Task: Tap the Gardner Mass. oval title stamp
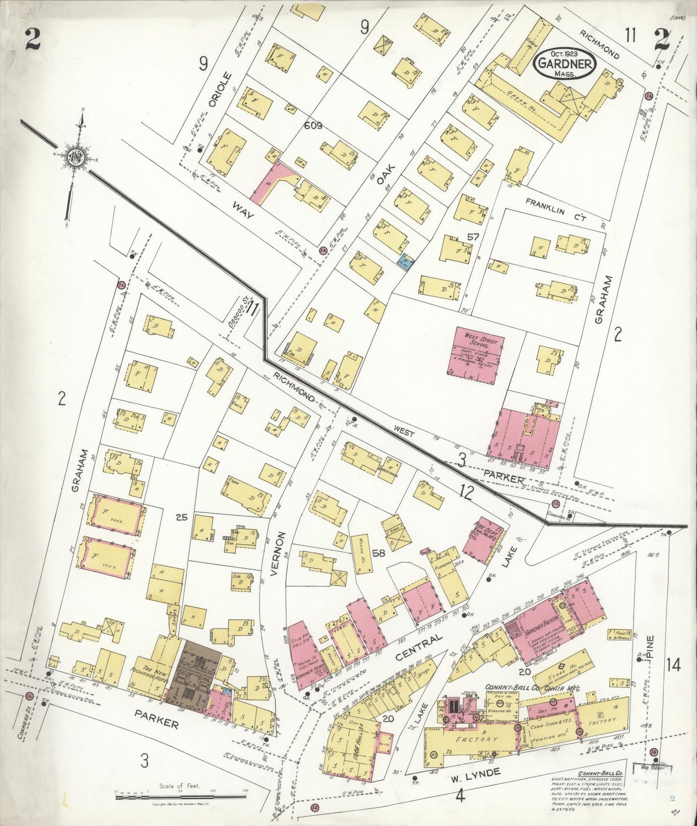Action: point(564,63)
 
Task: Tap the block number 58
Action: point(379,553)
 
